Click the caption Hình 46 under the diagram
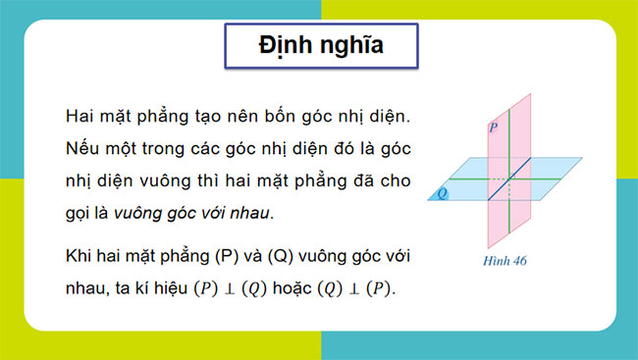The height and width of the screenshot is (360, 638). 505,261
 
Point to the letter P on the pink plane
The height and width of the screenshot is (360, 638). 493,129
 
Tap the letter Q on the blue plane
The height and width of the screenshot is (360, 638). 444,193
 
